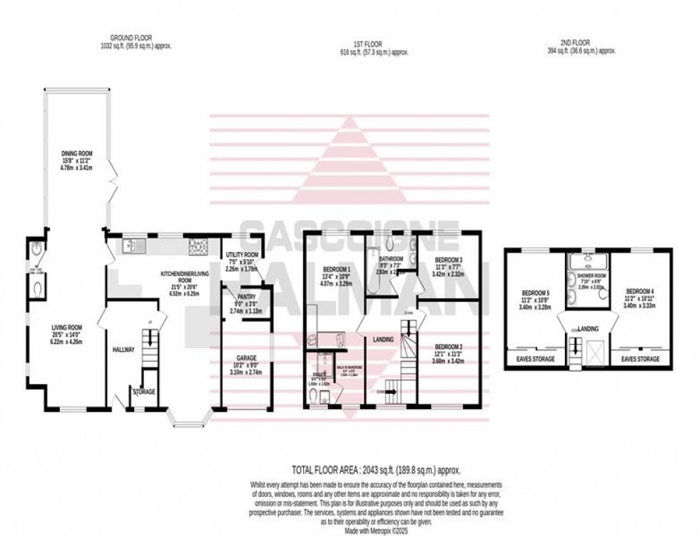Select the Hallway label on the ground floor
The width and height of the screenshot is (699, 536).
pyautogui.click(x=123, y=349)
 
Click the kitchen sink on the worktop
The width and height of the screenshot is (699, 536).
pyautogui.click(x=133, y=246)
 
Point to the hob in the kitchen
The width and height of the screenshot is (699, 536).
pyautogui.click(x=198, y=246)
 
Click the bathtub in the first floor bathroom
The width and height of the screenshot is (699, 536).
pyautogui.click(x=373, y=271)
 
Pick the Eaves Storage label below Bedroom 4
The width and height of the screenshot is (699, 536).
pyautogui.click(x=640, y=358)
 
